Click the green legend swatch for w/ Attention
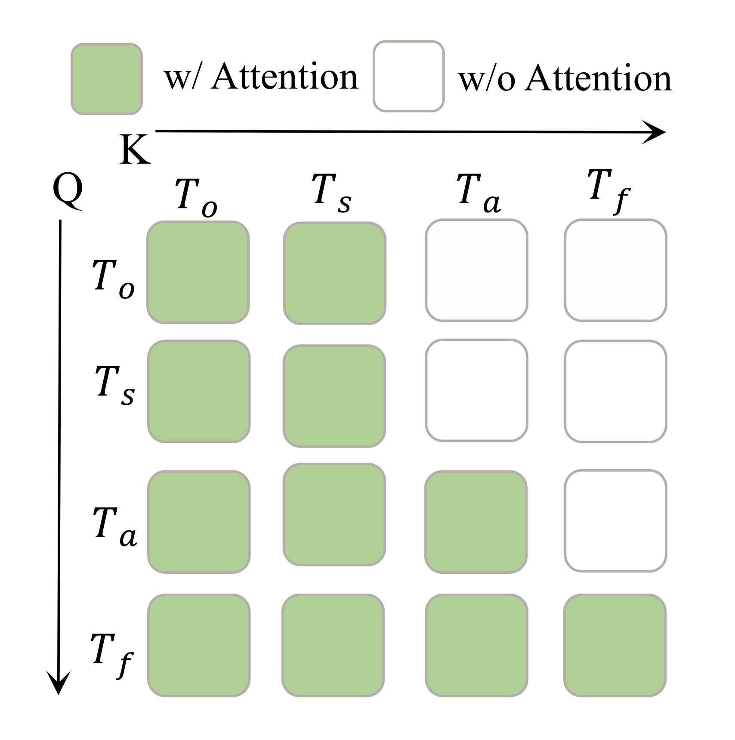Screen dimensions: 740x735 [106, 79]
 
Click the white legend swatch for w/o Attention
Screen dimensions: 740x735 [408, 76]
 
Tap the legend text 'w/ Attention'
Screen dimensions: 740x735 [261, 78]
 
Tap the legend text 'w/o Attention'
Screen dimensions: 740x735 [565, 79]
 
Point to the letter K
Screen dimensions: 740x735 [135, 150]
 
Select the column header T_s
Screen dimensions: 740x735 [332, 193]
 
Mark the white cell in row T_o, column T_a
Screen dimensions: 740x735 [476, 271]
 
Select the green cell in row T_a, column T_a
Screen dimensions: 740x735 [476, 522]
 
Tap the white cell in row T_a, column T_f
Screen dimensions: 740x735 [615, 521]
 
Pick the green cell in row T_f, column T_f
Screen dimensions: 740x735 [615, 645]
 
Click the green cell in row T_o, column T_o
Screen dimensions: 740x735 [198, 272]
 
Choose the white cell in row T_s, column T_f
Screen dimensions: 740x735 [615, 392]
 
